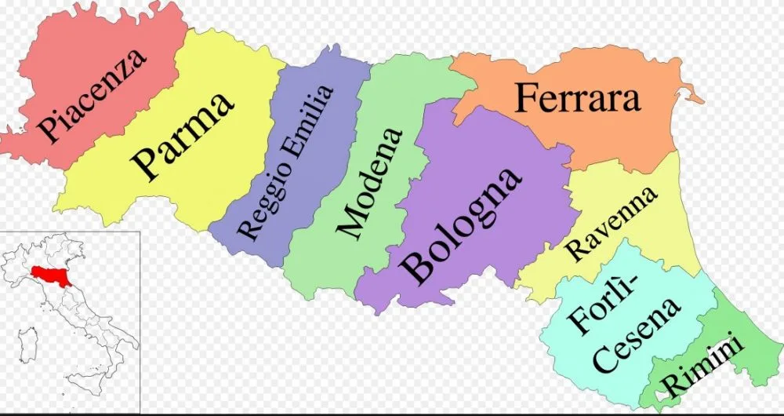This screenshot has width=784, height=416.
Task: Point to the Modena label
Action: (x=368, y=181)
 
